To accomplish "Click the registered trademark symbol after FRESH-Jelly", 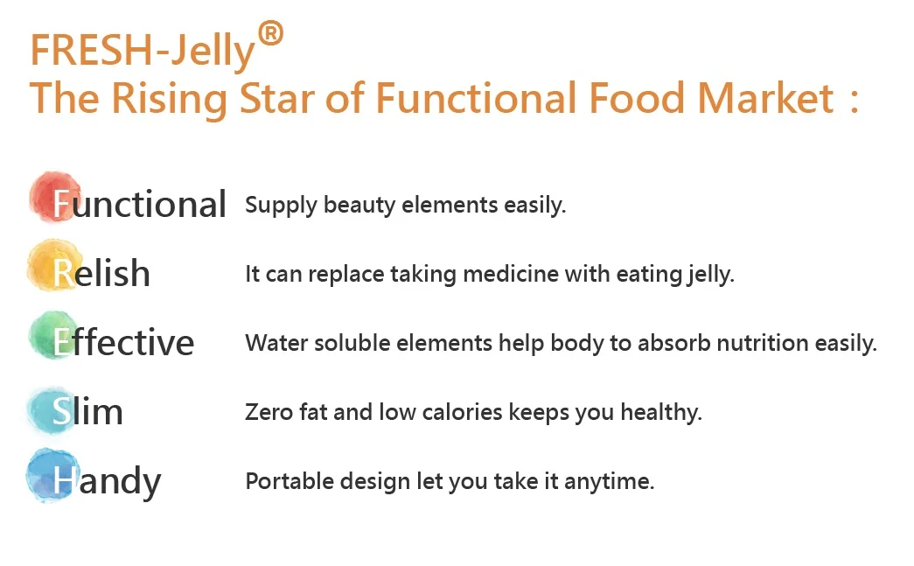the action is coord(270,33).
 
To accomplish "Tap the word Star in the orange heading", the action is coord(277,98).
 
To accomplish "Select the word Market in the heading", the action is coord(766,98).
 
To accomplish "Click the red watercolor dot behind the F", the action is coord(55,197).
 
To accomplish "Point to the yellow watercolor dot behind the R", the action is coord(53,265).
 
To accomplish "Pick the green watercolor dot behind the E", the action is coord(53,335).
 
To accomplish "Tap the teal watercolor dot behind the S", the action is coord(52,410).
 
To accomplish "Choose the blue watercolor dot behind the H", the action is coord(53,475).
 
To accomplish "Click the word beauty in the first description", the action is coord(359,206).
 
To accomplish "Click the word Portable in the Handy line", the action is coord(290,481).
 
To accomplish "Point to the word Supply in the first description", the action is coord(281,206).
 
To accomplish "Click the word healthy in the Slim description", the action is coord(661,413).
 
